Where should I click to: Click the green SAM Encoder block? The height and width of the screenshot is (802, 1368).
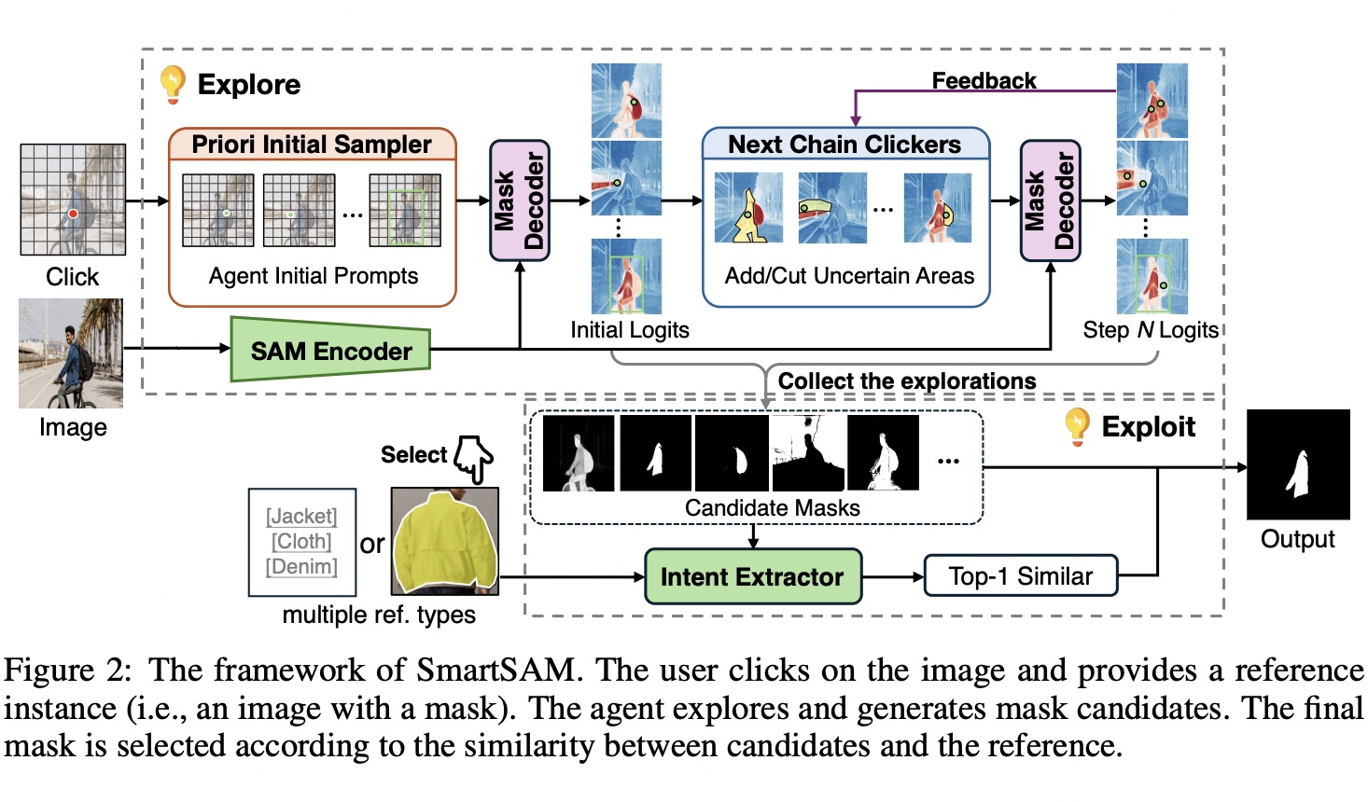(x=330, y=351)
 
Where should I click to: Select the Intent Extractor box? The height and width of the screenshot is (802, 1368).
(x=752, y=576)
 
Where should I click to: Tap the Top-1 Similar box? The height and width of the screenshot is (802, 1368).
(x=1020, y=576)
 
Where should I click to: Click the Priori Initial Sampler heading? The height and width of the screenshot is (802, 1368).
(x=312, y=145)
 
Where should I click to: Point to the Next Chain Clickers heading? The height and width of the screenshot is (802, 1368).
(x=845, y=145)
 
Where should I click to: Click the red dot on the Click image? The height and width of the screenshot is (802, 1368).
(x=73, y=214)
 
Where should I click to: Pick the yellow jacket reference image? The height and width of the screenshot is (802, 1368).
(x=444, y=542)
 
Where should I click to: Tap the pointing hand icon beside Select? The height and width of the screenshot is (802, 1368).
(x=474, y=459)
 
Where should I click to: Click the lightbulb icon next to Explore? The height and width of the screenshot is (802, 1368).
(x=173, y=83)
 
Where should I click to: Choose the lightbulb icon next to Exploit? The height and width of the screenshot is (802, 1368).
(x=1078, y=426)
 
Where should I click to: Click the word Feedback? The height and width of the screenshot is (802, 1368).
(x=984, y=81)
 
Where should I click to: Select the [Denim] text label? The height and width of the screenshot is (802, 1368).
(x=301, y=566)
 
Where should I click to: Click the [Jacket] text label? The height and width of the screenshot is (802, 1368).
(x=301, y=516)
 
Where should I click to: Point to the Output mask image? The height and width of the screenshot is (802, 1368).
(x=1298, y=464)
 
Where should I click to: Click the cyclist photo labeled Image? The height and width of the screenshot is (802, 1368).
(x=71, y=353)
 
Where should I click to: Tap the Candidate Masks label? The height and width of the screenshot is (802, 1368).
(x=772, y=508)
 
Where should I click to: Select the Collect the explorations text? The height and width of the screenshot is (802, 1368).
(x=907, y=381)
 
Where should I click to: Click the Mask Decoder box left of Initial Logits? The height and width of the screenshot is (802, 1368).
(x=520, y=200)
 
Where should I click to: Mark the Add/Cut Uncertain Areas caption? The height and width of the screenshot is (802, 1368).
(x=849, y=276)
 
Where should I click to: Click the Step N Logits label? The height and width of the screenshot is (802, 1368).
(x=1150, y=330)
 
